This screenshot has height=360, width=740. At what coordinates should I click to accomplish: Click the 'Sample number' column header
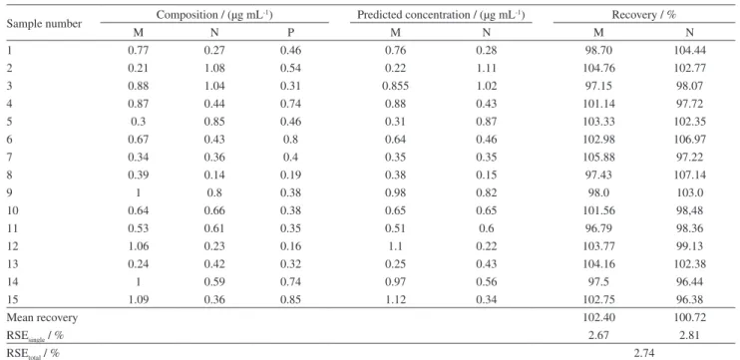(x=44, y=24)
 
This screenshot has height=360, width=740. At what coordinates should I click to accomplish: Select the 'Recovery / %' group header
(x=643, y=15)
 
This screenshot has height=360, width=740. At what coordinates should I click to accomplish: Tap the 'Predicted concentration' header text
(x=412, y=15)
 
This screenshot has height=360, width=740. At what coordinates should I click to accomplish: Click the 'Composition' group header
(x=214, y=15)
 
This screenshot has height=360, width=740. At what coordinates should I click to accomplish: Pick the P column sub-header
(x=291, y=33)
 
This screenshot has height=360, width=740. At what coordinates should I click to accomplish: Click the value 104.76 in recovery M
(x=599, y=68)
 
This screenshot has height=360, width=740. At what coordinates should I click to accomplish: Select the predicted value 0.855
(x=396, y=86)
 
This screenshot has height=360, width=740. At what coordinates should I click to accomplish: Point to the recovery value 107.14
(x=690, y=176)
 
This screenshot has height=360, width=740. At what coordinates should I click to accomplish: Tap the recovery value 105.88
(x=599, y=158)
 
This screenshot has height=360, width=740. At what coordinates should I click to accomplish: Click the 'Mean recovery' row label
(x=42, y=317)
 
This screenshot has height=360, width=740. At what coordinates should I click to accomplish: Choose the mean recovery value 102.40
(x=599, y=317)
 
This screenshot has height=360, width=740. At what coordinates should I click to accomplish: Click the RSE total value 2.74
(x=644, y=352)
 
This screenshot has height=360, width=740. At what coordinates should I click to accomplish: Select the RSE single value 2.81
(x=690, y=335)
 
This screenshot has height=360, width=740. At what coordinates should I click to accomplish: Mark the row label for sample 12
(x=12, y=246)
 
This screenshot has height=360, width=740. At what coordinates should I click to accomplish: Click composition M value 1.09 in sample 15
(x=139, y=299)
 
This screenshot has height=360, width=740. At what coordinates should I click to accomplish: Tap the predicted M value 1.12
(x=396, y=299)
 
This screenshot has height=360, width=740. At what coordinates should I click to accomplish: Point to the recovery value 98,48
(x=690, y=210)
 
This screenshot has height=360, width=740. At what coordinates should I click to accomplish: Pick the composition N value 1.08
(x=214, y=68)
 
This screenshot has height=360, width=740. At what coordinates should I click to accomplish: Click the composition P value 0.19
(x=291, y=176)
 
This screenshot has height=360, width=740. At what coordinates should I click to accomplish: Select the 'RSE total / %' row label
(x=33, y=353)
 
